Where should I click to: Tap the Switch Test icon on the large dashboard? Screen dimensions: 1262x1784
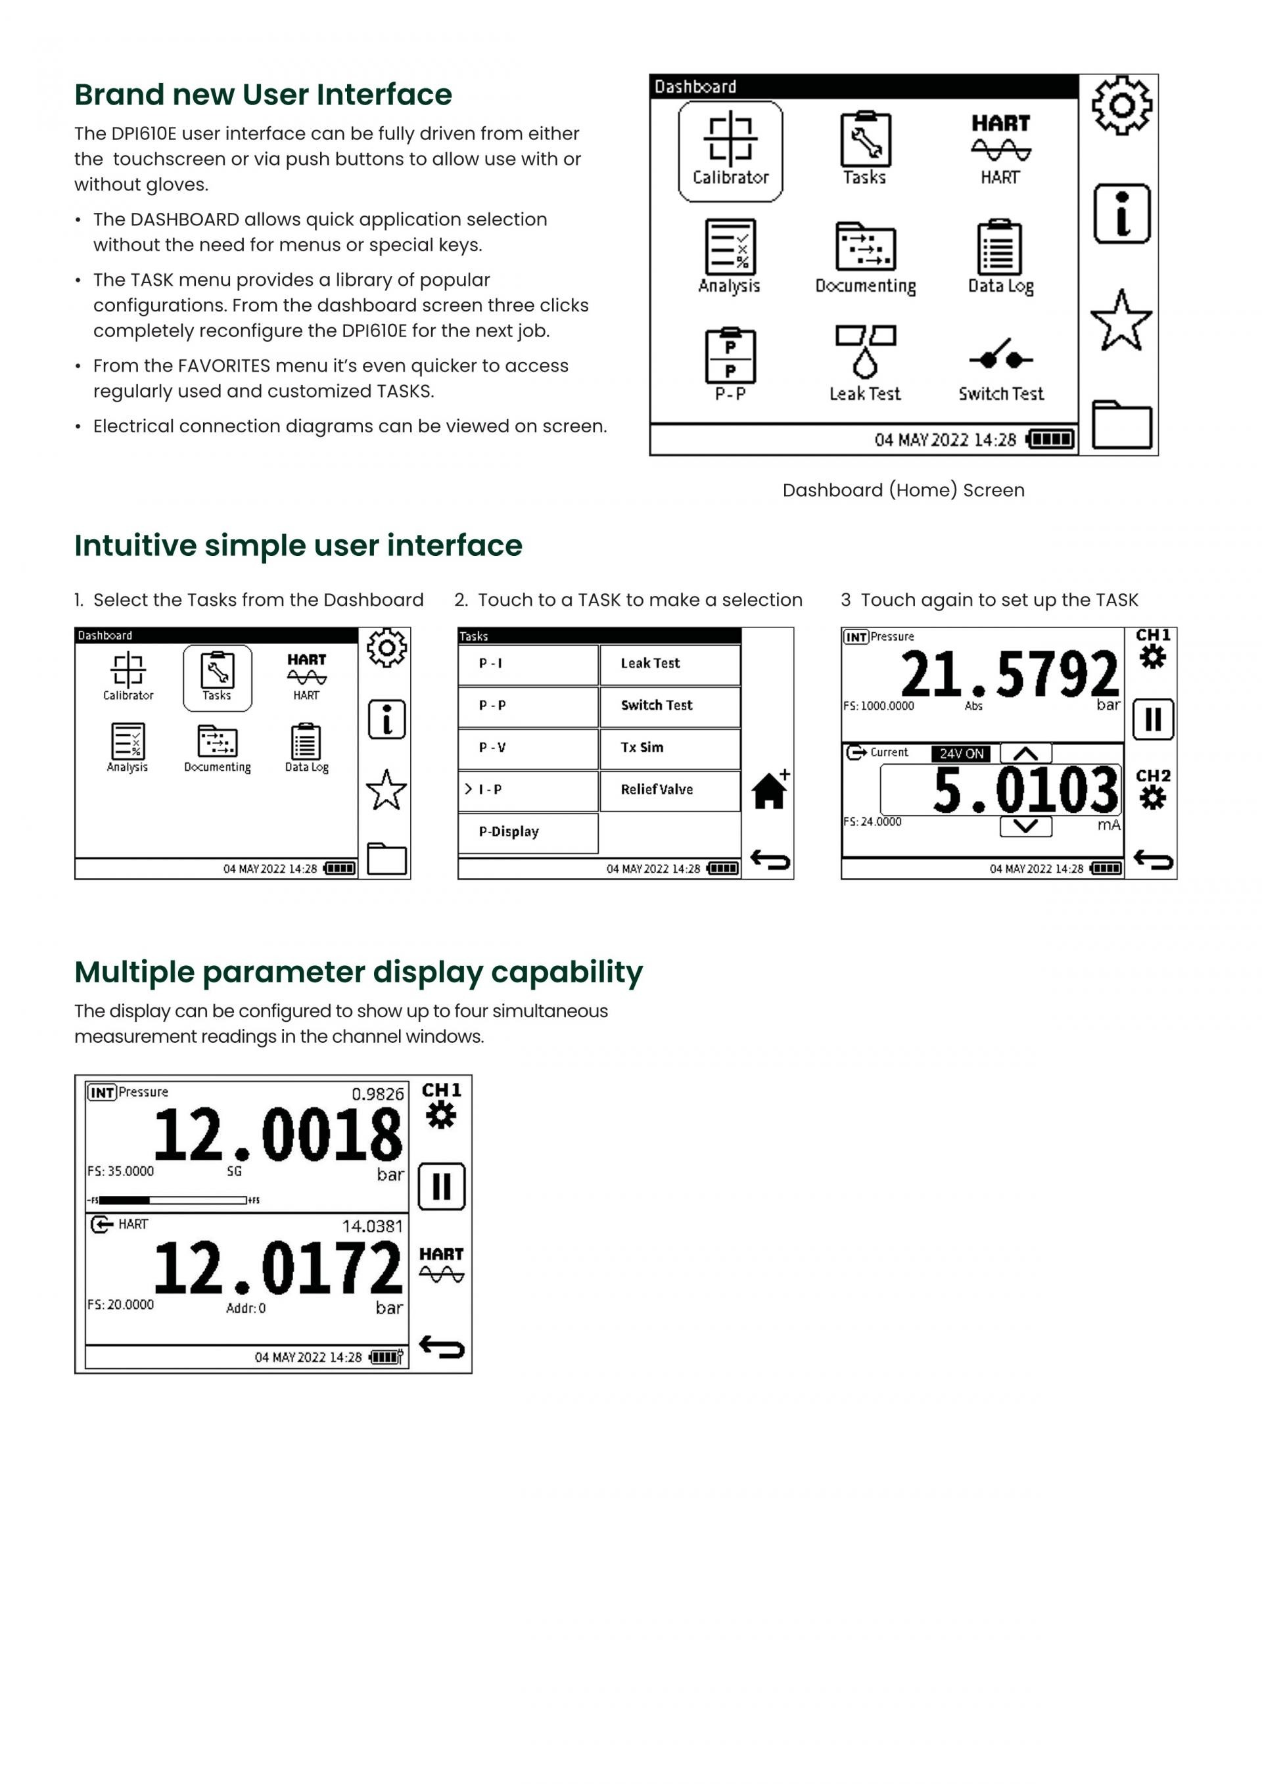coord(1001,356)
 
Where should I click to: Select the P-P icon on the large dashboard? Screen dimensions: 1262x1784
coord(730,356)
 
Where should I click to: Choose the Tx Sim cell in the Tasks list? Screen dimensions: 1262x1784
coord(670,748)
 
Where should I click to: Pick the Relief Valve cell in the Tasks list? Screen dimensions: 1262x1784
coord(670,789)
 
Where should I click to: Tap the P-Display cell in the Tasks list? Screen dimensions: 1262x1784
coord(528,832)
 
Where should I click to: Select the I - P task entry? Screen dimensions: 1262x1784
coord(528,789)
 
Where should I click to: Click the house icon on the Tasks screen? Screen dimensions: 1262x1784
coord(769,790)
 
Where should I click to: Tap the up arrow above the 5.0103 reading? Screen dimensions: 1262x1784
coord(1026,753)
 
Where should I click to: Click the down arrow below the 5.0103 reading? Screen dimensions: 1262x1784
coord(1026,826)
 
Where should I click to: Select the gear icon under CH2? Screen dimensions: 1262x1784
coord(1152,798)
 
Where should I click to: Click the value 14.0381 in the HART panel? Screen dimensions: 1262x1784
coord(373,1226)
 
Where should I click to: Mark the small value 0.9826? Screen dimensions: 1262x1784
coord(378,1094)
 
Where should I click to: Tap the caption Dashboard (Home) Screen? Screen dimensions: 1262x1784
coord(903,490)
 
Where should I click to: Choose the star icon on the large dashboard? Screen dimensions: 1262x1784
coord(1121,320)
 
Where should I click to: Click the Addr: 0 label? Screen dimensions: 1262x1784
coord(246,1308)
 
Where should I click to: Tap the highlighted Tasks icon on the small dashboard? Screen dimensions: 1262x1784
coord(218,677)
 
